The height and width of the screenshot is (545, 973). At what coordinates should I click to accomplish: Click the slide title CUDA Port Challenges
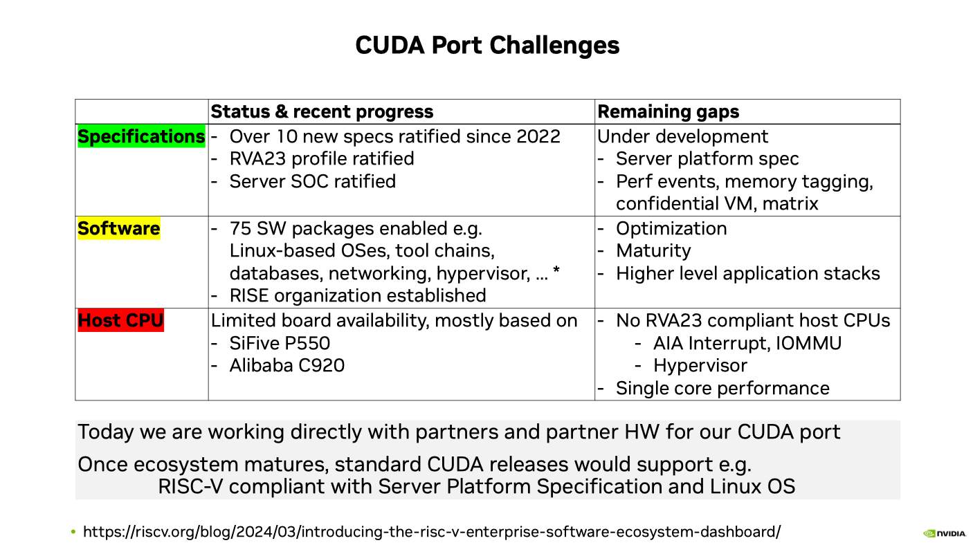487,45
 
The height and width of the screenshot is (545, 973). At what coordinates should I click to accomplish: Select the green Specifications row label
141,136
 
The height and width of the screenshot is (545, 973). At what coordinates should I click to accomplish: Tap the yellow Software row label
118,228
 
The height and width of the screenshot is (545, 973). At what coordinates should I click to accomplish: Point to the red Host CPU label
120,320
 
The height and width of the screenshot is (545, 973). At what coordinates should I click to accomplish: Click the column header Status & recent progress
322,111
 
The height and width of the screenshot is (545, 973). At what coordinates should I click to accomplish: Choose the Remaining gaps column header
668,111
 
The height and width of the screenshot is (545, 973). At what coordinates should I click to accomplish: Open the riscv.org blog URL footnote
432,532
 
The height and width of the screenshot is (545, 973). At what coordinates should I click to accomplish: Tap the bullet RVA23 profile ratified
321,159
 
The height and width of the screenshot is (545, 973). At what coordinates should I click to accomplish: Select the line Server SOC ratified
312,181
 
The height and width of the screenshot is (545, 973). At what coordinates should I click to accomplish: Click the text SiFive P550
280,344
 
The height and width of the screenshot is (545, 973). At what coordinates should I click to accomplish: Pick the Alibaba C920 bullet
287,366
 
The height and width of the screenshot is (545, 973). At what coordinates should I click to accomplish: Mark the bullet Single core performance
722,388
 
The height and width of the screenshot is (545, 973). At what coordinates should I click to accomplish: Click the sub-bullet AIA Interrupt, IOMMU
747,344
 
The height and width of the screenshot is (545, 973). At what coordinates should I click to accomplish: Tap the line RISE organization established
358,296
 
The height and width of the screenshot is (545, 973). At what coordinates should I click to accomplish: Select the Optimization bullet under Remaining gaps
671,229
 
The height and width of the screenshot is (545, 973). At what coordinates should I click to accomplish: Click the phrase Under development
683,137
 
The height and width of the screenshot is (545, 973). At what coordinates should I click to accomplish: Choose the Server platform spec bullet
707,159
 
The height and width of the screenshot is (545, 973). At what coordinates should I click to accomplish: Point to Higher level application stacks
747,274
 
